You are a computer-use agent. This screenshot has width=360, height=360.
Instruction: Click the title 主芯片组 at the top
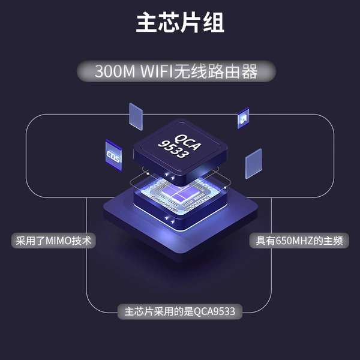180,23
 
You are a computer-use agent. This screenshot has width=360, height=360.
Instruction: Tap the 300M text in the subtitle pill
115,71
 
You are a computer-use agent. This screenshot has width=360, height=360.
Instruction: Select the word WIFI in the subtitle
156,71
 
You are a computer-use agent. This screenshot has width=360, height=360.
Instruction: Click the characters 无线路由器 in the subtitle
216,71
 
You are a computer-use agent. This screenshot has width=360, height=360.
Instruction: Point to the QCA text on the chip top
187,142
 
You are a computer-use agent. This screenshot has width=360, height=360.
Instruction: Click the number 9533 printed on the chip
173,149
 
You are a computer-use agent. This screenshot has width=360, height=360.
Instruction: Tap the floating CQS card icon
113,155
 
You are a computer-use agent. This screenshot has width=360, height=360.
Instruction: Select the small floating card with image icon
243,118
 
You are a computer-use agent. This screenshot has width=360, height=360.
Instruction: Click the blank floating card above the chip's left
136,116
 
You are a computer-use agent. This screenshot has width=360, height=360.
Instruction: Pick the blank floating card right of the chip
253,163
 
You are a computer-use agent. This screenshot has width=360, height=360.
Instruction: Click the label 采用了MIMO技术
53,241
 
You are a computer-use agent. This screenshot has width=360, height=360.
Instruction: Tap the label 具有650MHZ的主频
299,241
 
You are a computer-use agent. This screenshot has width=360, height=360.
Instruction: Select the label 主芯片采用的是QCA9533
180,311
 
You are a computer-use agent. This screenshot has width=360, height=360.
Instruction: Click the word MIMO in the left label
59,241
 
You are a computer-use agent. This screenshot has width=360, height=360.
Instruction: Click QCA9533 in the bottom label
214,312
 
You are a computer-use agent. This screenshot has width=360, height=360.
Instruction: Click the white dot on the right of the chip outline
225,188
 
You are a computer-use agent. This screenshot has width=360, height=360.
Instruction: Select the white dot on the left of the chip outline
148,173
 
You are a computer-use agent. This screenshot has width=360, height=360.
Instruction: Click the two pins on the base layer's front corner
169,220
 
